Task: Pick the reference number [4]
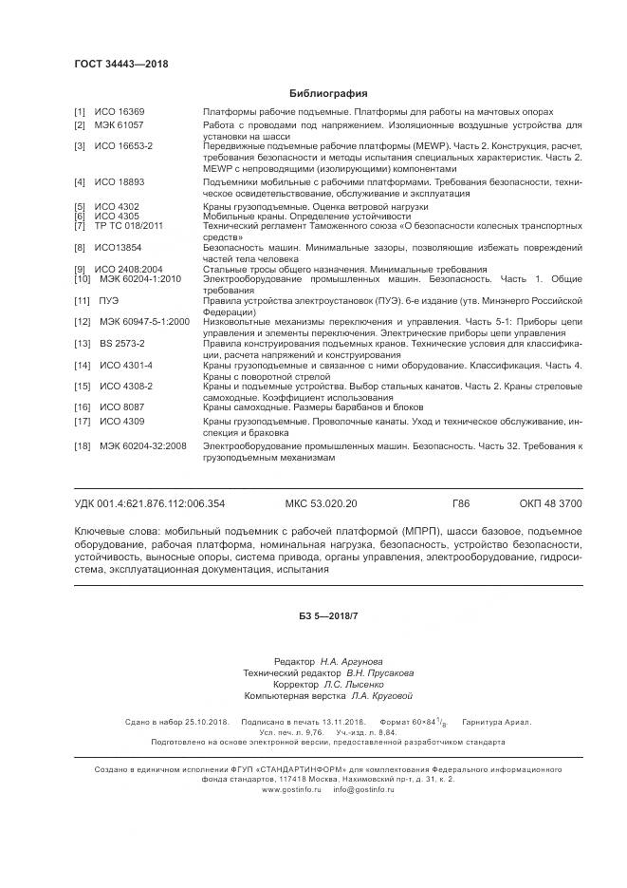pos(80,180)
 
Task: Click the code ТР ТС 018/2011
pos(128,226)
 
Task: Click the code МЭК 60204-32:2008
pos(142,445)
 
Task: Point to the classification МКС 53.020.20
pos(322,503)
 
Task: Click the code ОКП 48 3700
pos(551,503)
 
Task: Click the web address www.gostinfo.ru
pos(291,789)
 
